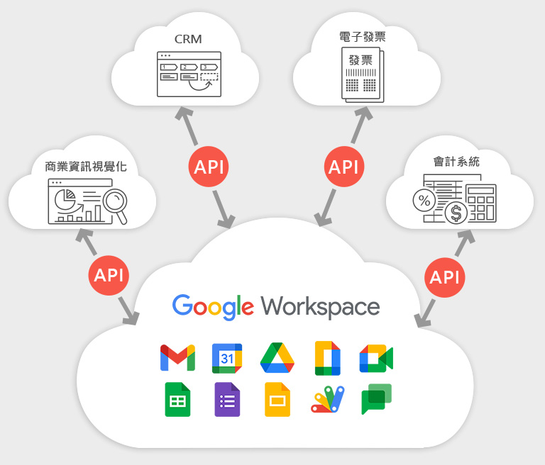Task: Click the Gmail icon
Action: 177,358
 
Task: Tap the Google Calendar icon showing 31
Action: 227,359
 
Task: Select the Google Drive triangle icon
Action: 277,358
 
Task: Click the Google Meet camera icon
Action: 376,359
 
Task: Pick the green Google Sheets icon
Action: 177,399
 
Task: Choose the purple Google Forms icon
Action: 227,399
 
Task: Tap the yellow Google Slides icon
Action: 277,399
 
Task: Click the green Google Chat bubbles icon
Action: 376,399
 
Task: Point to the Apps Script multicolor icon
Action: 327,399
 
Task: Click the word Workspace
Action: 320,307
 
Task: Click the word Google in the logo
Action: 213,307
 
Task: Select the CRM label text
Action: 188,39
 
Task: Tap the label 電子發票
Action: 363,37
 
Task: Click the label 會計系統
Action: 456,162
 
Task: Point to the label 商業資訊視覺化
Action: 86,167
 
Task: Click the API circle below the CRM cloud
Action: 209,167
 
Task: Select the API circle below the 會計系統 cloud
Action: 444,277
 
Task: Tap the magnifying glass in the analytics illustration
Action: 116,205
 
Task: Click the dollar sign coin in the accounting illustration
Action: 456,213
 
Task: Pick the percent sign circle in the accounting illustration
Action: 424,201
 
